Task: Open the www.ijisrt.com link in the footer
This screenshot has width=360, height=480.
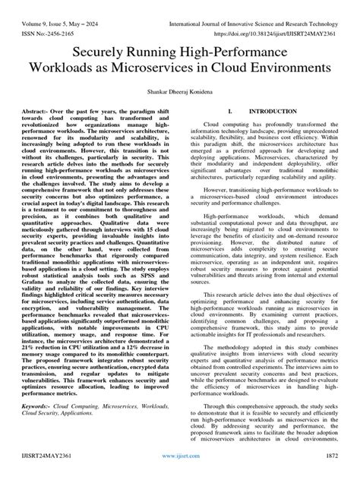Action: click(x=180, y=470)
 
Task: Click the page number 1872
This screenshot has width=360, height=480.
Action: click(x=334, y=469)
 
